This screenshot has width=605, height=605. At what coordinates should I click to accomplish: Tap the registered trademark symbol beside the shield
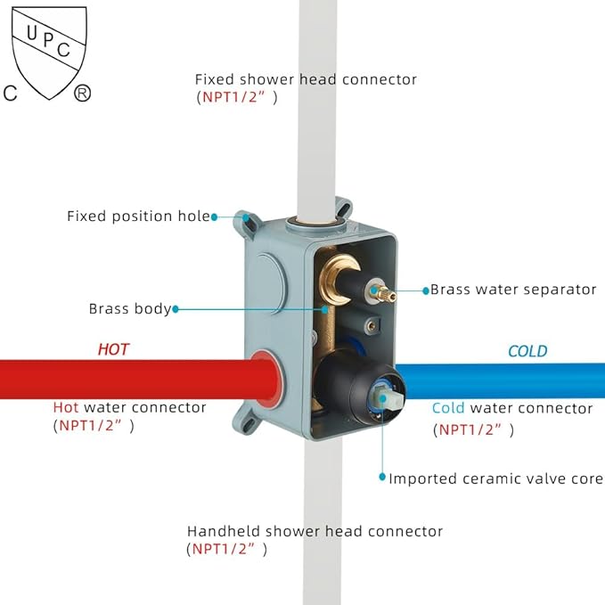pos(82,93)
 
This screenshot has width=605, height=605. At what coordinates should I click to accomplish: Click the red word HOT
pos(113,349)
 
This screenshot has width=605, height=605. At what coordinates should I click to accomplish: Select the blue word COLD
pos(527,351)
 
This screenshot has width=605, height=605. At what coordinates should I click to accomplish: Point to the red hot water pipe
pos(125,377)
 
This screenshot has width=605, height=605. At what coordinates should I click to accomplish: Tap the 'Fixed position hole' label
pos(138,217)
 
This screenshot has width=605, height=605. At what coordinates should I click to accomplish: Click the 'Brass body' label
pos(129,309)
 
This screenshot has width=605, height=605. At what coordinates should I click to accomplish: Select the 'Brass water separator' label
pos(513,290)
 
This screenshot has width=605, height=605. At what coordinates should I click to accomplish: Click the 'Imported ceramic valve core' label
pos(495,478)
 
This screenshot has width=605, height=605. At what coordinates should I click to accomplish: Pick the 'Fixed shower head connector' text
pos(306,79)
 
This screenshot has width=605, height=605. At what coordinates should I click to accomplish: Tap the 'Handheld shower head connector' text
pos(315,531)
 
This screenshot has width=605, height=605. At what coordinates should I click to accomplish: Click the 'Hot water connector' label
pos(129,407)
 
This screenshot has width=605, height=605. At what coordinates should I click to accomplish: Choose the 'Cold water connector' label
pos(512,408)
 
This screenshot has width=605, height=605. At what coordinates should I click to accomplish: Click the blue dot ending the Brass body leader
pos(176,309)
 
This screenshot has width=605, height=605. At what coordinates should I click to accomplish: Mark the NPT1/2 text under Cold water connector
pos(475,430)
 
